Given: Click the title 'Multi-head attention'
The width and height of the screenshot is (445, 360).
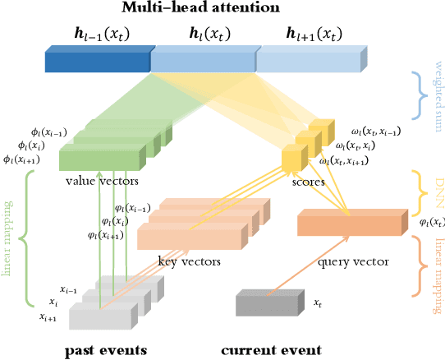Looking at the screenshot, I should tap(222, 8).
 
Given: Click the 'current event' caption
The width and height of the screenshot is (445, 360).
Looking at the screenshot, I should tap(271, 350).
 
